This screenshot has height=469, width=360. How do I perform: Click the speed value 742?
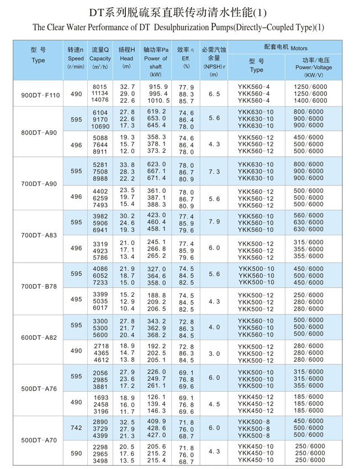[76, 428]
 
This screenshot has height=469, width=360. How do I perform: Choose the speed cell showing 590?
[76, 454]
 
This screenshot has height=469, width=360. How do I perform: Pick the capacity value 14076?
[100, 100]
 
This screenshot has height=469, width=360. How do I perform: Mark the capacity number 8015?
[100, 87]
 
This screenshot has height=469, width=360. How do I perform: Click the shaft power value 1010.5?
[158, 100]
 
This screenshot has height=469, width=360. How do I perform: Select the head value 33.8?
[127, 164]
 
